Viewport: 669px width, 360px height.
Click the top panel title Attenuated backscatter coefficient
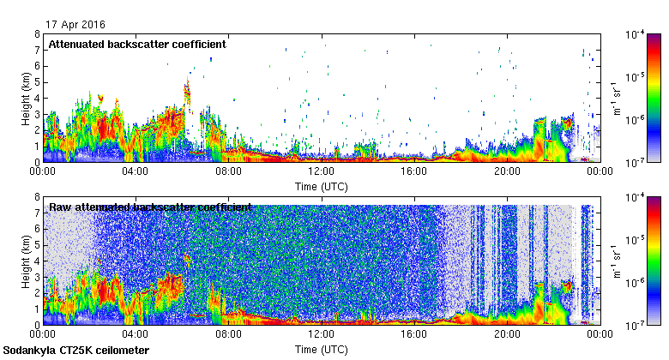137,44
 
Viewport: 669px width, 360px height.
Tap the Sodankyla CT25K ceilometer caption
76,351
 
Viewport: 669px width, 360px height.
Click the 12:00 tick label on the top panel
321,171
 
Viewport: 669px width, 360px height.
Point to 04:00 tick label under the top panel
136,171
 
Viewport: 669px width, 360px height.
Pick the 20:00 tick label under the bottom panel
506,334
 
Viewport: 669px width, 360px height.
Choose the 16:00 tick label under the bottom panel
413,334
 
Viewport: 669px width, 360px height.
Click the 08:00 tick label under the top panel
228,171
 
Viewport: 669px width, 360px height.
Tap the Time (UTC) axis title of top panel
321,185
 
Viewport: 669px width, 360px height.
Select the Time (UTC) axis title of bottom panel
321,349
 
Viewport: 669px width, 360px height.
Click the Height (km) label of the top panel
26,98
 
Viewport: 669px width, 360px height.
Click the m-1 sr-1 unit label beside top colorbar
615,98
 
